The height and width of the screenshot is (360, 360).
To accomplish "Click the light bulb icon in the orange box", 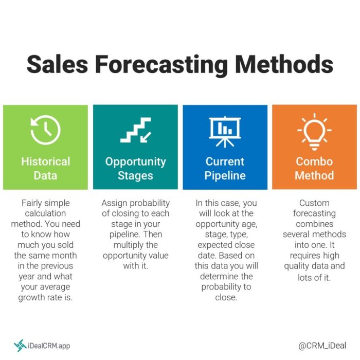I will click(x=314, y=131).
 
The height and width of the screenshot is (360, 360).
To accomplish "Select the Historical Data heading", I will click(x=45, y=168).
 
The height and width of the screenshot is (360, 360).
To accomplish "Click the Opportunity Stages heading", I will click(x=135, y=168).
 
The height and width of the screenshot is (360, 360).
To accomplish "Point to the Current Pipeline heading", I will click(x=225, y=168).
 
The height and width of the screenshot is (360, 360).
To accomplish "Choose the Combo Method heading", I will click(x=314, y=168).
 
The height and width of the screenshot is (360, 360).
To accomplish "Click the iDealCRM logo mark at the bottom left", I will click(x=20, y=346).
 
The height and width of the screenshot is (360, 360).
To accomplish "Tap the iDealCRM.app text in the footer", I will click(x=49, y=346).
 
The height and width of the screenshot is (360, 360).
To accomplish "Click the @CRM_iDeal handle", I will click(x=322, y=346).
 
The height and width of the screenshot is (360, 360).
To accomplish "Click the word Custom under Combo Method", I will click(x=314, y=203).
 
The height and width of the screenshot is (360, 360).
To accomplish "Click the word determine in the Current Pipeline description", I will click(x=215, y=276).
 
